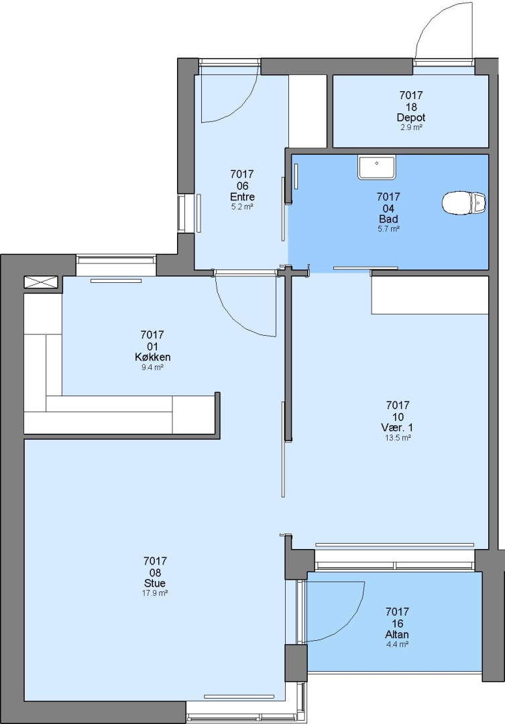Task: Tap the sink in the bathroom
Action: (377, 167)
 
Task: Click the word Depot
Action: (410, 118)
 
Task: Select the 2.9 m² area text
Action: (410, 127)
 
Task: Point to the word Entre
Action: (242, 197)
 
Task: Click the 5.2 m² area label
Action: (242, 207)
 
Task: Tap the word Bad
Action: (388, 219)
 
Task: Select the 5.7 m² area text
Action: (388, 229)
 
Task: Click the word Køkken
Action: (152, 357)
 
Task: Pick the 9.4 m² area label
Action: (152, 367)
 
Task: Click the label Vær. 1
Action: (397, 428)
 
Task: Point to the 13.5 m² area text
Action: (397, 438)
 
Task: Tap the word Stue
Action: (155, 583)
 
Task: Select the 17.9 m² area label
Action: (155, 593)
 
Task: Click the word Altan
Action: (397, 634)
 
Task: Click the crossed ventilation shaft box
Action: (41, 283)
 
